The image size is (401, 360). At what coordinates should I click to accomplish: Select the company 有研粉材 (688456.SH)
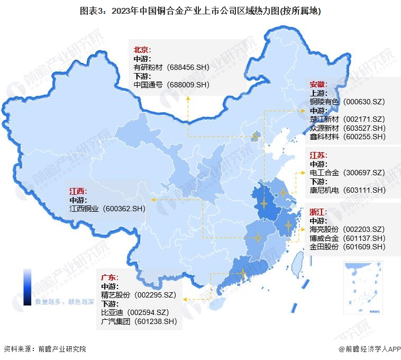point(171,67)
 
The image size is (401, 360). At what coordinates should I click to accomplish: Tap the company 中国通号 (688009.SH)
point(171,84)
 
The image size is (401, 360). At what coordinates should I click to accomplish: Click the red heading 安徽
point(318,84)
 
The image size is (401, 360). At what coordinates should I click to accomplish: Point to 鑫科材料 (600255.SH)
point(348,136)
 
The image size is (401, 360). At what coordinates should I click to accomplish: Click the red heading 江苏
point(318,155)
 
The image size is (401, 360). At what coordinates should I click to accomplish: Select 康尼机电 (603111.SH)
point(348,190)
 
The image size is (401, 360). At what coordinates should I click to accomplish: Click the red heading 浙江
point(318,212)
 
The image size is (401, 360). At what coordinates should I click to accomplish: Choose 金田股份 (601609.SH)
point(348,247)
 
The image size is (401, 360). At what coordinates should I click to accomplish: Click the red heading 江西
point(78,191)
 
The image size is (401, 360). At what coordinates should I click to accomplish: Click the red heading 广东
point(110,277)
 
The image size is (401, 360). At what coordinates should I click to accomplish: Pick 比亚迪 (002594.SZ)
point(134,312)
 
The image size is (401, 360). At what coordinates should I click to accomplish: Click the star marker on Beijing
point(256,137)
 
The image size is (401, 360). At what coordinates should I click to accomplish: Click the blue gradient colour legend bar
point(27,286)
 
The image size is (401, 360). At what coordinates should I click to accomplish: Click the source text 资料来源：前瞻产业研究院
point(44,349)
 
